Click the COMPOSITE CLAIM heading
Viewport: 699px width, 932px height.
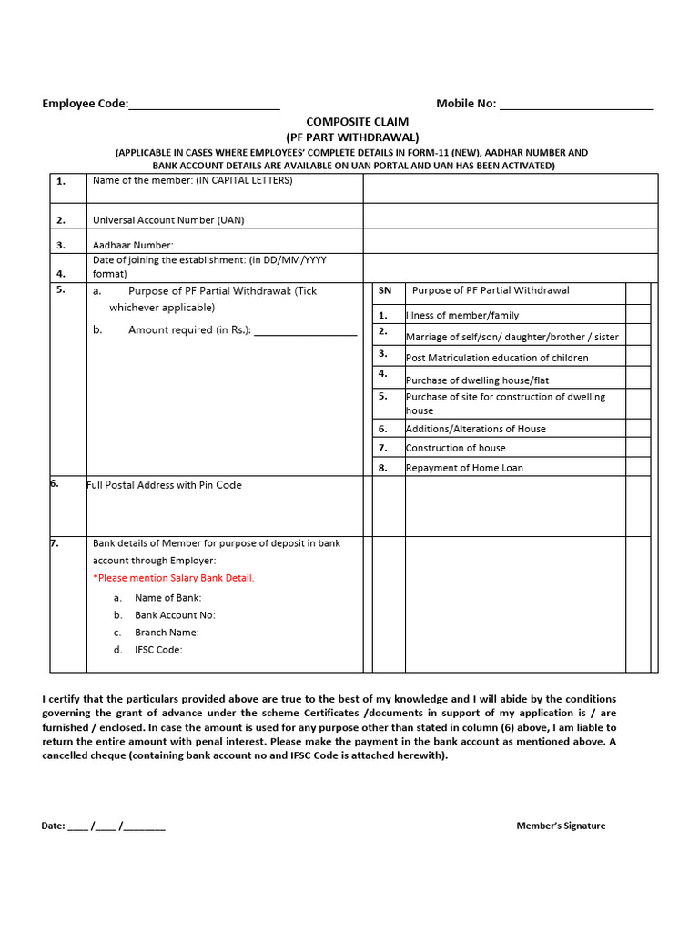357,121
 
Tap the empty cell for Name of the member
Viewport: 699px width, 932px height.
510,188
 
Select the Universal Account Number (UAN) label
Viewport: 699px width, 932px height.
168,220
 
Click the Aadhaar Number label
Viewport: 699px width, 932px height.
133,245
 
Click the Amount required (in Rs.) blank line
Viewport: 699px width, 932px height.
305,331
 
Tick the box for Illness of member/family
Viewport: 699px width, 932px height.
638,314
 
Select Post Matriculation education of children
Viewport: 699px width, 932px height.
497,358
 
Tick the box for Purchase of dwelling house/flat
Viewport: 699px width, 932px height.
638,378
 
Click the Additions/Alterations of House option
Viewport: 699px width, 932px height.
476,429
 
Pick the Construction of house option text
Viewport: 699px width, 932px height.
455,448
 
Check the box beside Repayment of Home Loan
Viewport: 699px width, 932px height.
638,466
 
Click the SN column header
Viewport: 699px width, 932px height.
385,290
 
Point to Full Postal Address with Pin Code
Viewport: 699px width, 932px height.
164,485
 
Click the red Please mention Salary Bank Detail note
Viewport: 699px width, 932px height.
174,578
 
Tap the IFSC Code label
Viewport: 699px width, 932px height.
158,650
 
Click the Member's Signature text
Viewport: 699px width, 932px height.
561,826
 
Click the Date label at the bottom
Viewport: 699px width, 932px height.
53,826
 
